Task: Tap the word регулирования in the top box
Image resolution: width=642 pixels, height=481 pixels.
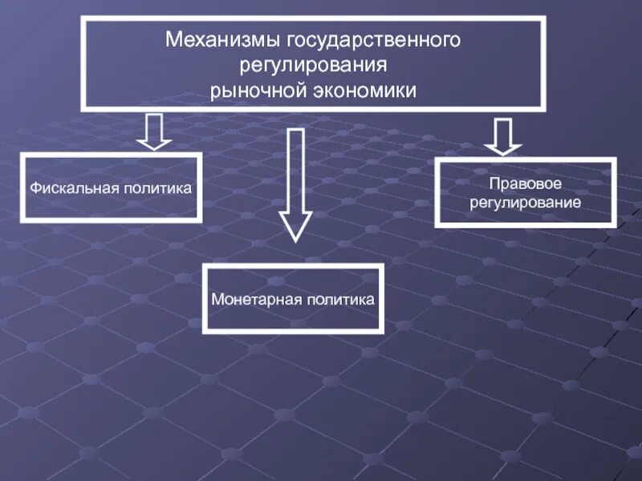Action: [314, 64]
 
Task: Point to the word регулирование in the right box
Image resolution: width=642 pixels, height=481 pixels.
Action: [526, 204]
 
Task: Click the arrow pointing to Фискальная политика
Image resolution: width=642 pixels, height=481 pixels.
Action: [154, 131]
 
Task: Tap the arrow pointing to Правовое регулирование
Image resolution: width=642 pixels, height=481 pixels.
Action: [503, 136]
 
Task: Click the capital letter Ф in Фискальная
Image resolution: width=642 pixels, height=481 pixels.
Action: [35, 188]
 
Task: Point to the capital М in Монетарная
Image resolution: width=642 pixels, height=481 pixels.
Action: [217, 300]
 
